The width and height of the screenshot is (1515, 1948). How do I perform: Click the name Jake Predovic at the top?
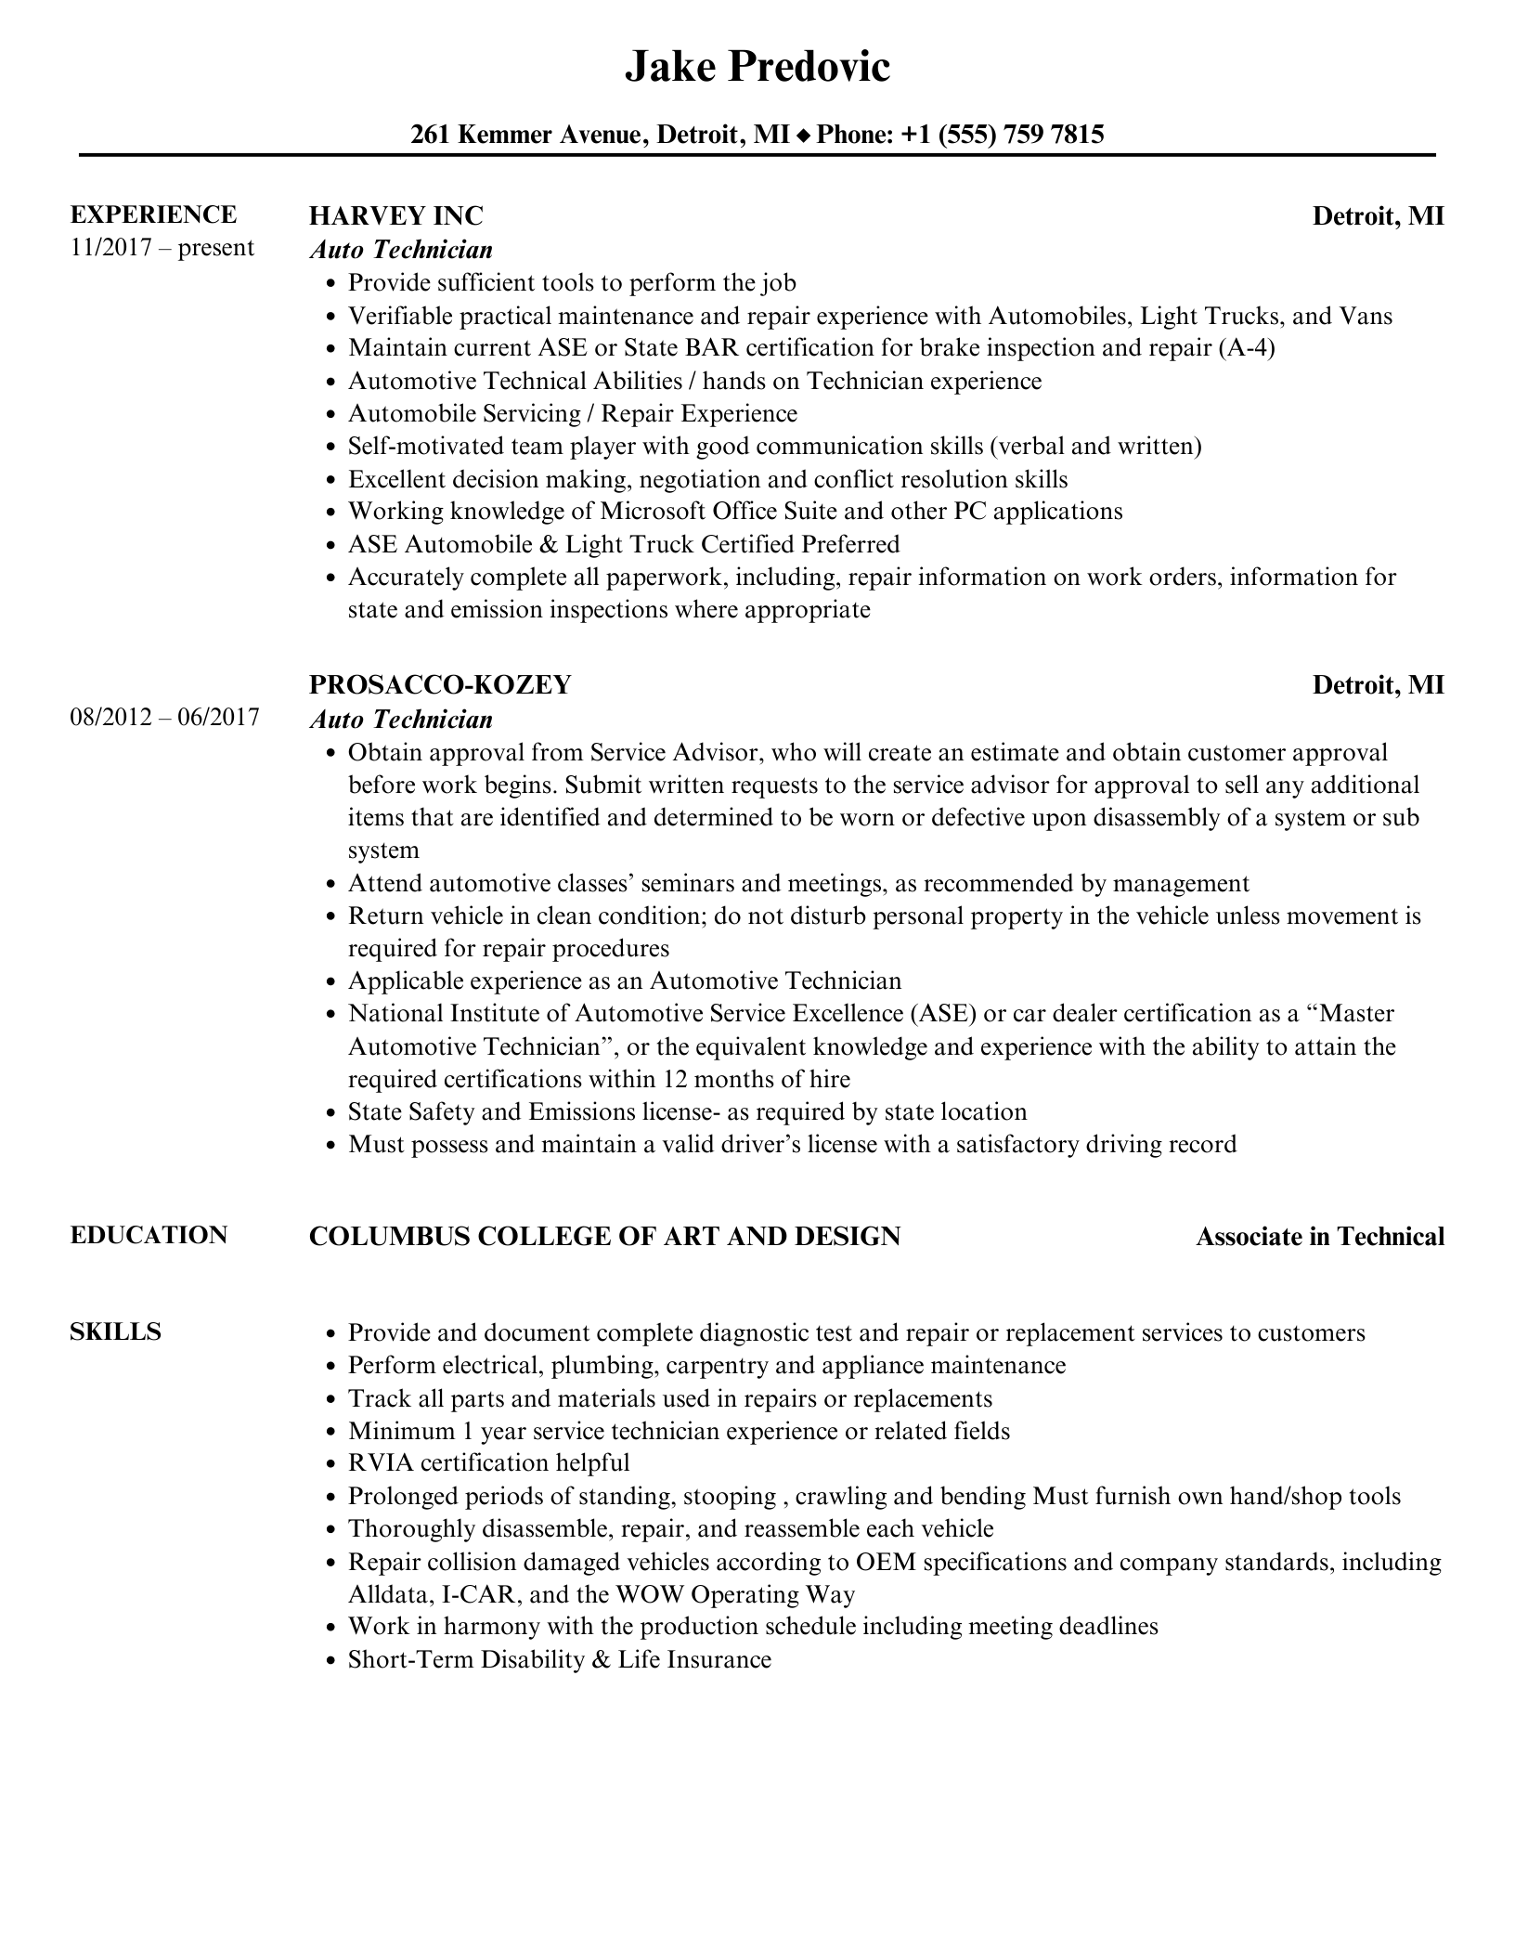coord(757,67)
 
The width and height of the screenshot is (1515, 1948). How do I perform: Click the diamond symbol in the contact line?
coord(803,136)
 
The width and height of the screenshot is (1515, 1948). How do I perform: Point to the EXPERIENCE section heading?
coord(153,214)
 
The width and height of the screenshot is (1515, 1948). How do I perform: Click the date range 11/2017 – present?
coord(162,248)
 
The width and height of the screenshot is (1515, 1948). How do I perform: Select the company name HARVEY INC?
coord(395,215)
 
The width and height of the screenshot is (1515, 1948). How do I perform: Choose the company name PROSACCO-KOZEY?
coord(439,684)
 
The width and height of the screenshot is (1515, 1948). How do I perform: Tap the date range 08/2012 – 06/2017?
coord(164,717)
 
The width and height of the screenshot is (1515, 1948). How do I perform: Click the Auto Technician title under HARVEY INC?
coord(401,250)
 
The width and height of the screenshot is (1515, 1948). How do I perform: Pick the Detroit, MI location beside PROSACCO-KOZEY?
coord(1378,684)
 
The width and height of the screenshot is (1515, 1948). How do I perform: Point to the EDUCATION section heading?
coord(149,1235)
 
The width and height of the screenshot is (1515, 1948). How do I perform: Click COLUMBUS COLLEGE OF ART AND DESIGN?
coord(604,1236)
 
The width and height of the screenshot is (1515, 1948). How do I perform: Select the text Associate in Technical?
coord(1319,1237)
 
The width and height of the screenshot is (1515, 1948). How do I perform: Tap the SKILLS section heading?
coord(115,1331)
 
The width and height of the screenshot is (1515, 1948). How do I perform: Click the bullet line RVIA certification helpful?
coord(488,1462)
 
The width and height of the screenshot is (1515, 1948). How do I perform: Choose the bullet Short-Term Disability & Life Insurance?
coord(559,1659)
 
